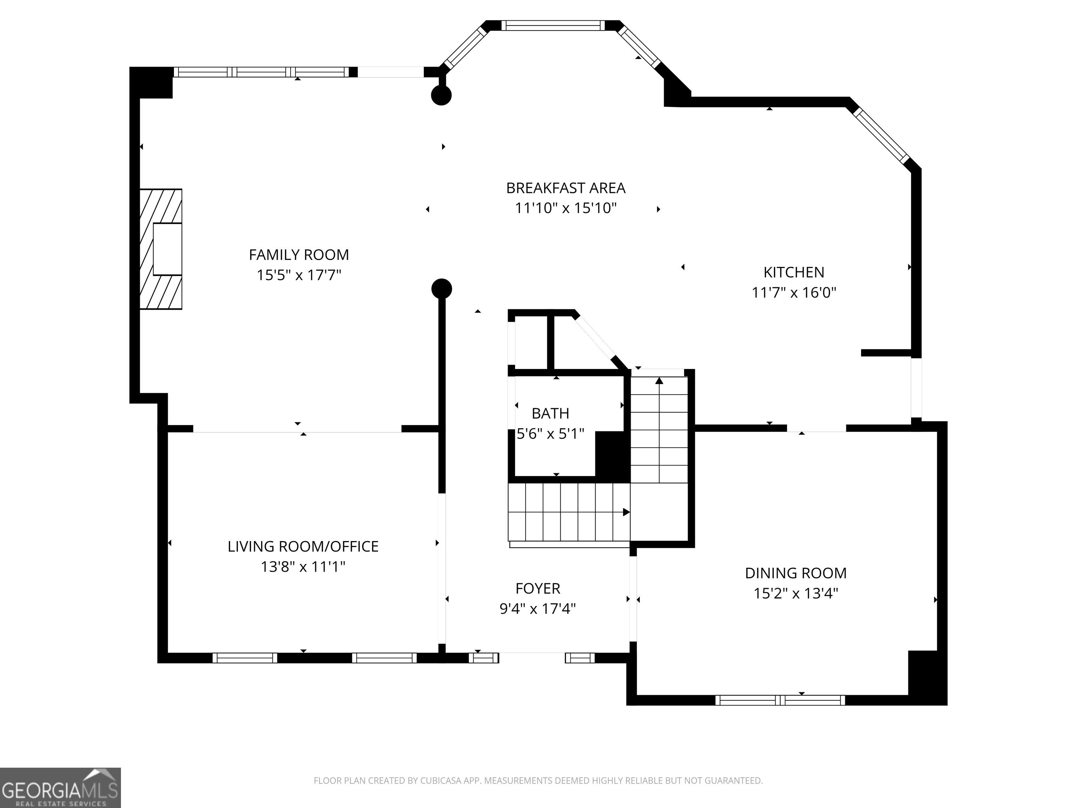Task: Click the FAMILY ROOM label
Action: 299,255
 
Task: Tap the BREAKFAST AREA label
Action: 566,188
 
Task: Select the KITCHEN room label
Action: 794,272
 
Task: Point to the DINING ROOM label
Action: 795,573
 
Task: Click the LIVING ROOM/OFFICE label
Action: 303,546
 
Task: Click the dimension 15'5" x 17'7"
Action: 299,275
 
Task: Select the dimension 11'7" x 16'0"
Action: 794,293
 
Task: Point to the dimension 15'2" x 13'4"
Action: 795,594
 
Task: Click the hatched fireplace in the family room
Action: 161,249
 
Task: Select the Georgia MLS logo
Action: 60,788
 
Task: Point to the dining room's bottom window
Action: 780,700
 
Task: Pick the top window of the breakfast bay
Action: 553,25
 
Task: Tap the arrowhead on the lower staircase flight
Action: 626,512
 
